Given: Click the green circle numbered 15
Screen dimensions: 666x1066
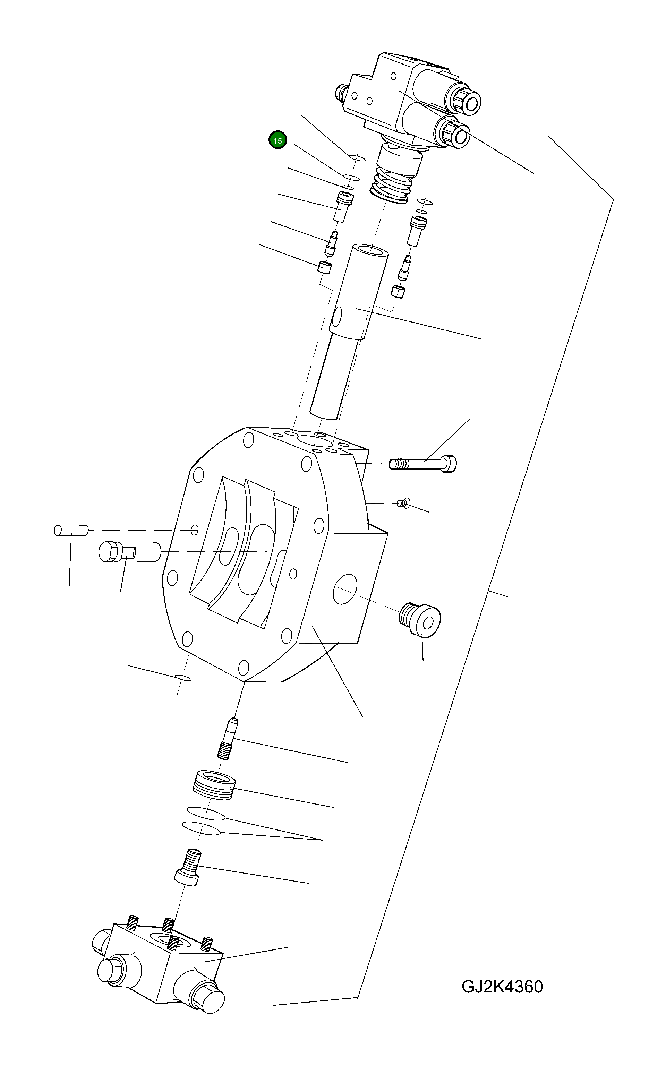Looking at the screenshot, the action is pos(277,141).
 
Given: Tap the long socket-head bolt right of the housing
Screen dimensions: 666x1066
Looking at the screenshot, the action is pos(423,464).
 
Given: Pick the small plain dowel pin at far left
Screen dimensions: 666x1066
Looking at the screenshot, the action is pos(70,530).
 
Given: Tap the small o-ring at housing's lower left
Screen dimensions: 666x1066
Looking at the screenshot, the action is pos(183,677).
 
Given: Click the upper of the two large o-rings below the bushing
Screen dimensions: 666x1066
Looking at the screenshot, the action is pos(206,813).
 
